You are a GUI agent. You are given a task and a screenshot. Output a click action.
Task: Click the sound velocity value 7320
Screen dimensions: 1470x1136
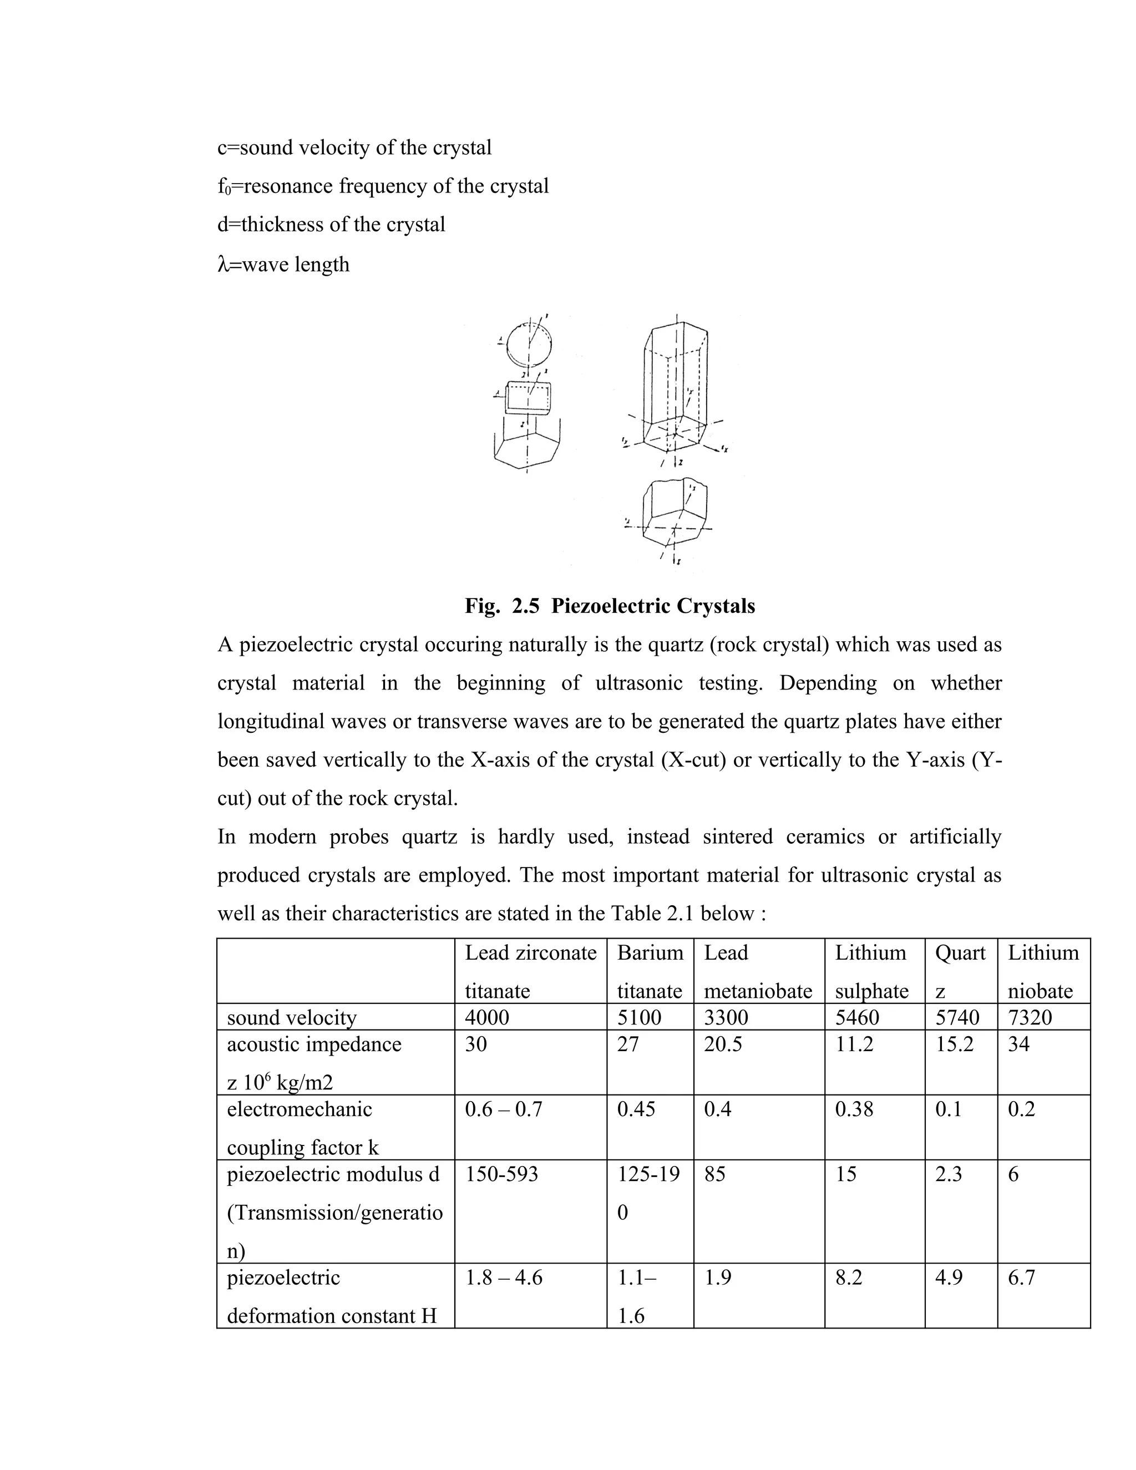point(1029,1016)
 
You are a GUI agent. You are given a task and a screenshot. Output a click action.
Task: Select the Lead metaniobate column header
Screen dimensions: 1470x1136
point(758,971)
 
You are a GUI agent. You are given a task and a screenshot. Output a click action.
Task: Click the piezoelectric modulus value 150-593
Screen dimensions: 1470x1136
point(501,1174)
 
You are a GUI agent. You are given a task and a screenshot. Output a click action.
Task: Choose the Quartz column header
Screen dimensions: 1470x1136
point(960,971)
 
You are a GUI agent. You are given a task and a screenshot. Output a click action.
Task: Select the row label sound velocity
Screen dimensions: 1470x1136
point(291,1017)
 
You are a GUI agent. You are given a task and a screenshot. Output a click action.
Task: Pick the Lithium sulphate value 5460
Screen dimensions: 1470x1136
point(856,1016)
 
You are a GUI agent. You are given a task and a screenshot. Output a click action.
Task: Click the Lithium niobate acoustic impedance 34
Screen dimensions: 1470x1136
point(1018,1044)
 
